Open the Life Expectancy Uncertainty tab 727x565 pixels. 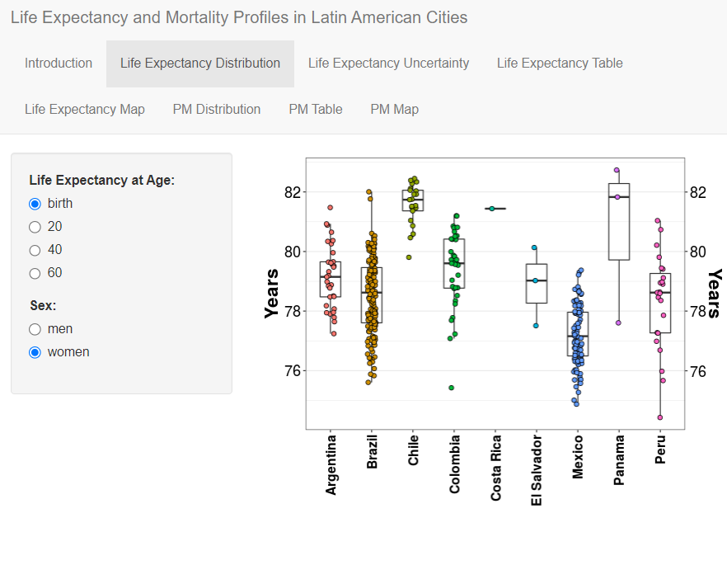coord(388,64)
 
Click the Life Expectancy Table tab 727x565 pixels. coord(560,64)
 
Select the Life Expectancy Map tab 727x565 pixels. coord(85,110)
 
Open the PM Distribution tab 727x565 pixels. coord(217,110)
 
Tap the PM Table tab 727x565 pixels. coord(316,110)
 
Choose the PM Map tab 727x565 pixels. coord(395,110)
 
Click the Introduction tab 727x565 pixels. coord(59,64)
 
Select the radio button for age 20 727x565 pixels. coord(35,227)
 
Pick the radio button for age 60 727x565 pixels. coord(35,273)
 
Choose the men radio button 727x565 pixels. coord(35,329)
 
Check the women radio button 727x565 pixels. coord(35,352)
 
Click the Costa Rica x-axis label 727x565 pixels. coord(496,467)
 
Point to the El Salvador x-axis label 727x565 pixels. coord(537,469)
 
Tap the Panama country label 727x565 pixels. coord(619,460)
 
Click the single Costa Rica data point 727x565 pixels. coord(492,209)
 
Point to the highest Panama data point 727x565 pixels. coord(617,171)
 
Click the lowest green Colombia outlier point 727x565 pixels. coord(452,388)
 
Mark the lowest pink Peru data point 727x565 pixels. coord(660,417)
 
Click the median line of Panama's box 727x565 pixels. coord(619,197)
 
